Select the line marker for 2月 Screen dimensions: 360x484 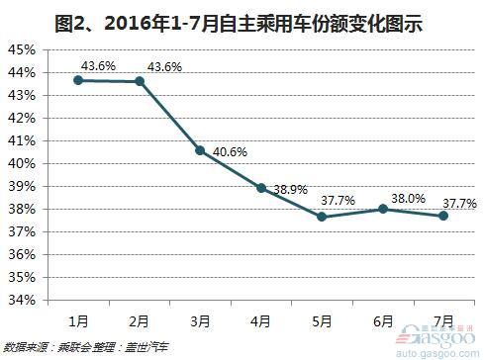(140, 81)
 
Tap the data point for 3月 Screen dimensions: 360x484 (200, 150)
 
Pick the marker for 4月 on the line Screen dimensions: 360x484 (261, 187)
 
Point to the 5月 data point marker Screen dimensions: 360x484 (322, 216)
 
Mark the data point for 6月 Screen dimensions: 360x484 (382, 209)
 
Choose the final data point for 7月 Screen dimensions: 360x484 (442, 216)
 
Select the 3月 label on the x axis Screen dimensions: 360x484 (200, 321)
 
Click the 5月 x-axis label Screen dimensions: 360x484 (322, 321)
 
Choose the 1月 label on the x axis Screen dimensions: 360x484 (79, 321)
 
